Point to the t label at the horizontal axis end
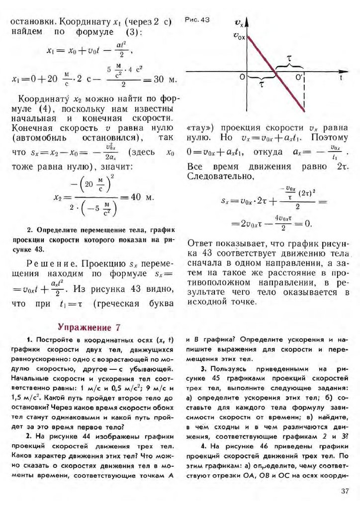click(342, 78)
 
